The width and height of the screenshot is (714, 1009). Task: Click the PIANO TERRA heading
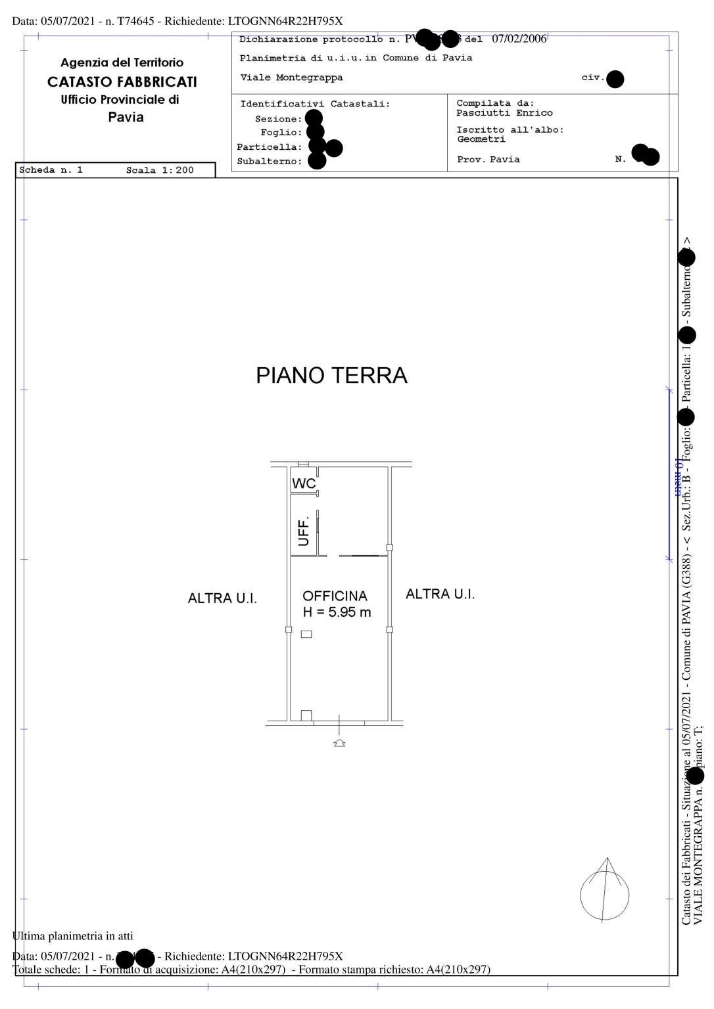point(331,376)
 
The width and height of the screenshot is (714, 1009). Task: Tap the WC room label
point(304,483)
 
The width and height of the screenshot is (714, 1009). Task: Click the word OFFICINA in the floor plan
point(335,596)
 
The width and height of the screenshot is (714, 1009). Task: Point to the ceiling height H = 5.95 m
point(337,612)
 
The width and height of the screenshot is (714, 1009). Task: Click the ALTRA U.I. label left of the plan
point(222,598)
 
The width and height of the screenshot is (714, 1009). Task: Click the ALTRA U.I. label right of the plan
point(440,594)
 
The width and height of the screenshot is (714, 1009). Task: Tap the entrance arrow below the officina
point(339,742)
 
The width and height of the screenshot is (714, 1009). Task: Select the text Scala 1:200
point(160,170)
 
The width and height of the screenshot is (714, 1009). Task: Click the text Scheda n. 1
point(51,170)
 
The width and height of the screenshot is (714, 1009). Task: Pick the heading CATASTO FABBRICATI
point(122,82)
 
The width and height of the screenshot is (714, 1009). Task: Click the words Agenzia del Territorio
point(122,63)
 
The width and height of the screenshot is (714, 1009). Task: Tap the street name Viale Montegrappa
point(291,78)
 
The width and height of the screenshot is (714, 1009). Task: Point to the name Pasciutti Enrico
point(504,113)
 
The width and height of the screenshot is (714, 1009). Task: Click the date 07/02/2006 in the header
point(519,39)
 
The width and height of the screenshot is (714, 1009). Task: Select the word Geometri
point(481,139)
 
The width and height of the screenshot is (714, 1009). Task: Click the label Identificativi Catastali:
point(315,104)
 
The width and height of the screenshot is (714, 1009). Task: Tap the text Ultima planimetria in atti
point(73,935)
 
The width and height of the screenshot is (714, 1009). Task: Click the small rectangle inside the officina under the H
point(306,634)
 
